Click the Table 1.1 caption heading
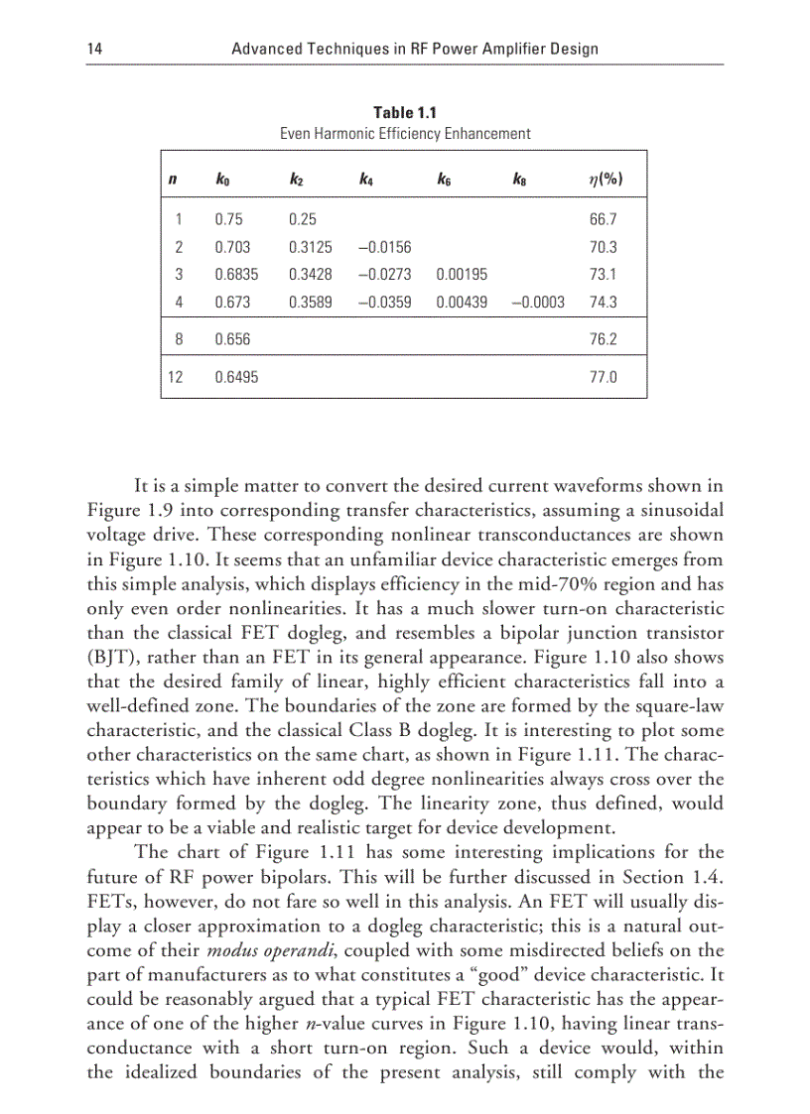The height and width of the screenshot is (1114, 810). click(x=404, y=113)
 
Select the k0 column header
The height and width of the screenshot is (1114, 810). click(x=223, y=181)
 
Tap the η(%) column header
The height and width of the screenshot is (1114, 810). click(x=605, y=181)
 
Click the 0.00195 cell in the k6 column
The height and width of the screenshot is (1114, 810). click(x=461, y=275)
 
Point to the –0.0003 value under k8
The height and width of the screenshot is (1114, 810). click(x=538, y=303)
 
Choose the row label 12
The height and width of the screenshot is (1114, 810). click(x=175, y=377)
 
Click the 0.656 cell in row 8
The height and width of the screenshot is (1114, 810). click(x=232, y=339)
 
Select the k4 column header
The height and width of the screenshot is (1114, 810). click(x=366, y=181)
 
